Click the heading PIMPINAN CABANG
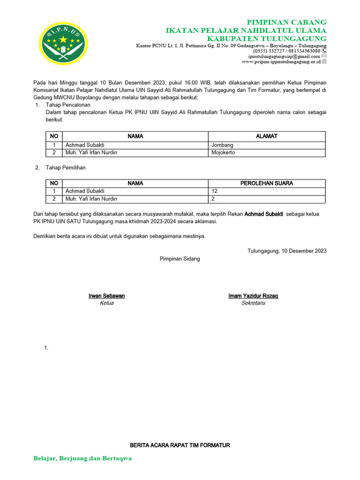point(286,22)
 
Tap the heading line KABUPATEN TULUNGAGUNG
point(267,38)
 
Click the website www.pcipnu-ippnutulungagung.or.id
point(281,61)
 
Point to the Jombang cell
point(222,145)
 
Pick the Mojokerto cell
point(223,153)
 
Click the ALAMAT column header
point(266,136)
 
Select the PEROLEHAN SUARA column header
point(266,183)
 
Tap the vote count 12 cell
point(215,191)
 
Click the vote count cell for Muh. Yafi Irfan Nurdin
point(213,199)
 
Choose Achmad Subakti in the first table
point(85,145)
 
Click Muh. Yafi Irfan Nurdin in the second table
point(91,199)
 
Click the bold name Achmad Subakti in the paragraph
point(263,214)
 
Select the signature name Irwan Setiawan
point(106,296)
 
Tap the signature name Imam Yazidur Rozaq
point(253,296)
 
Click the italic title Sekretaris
point(253,303)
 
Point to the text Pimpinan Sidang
point(180,259)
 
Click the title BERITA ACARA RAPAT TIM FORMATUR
point(180,445)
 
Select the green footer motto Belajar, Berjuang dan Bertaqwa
point(82,458)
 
